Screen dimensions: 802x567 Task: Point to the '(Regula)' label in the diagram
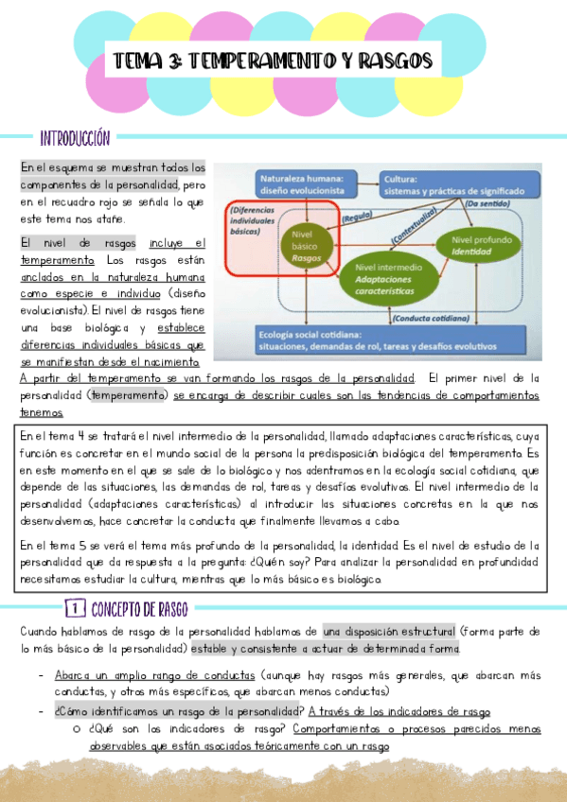356,216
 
